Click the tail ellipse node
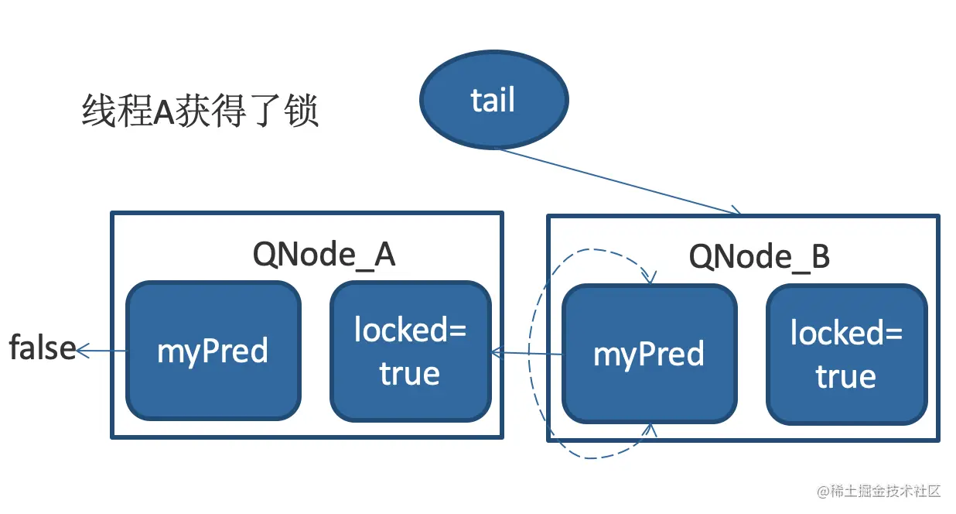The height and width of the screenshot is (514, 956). (x=493, y=101)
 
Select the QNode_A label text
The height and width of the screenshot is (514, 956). (x=324, y=254)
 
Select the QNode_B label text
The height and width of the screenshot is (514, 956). (x=760, y=256)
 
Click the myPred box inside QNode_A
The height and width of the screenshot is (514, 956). (x=213, y=351)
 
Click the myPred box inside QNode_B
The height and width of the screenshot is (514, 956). (x=649, y=354)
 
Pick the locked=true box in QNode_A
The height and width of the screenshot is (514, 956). (x=410, y=351)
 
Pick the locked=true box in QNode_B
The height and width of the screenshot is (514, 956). (x=846, y=354)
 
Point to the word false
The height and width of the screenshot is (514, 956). (x=42, y=348)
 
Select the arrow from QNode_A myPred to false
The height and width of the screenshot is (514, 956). (x=102, y=351)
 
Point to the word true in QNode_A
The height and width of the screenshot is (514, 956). (x=409, y=373)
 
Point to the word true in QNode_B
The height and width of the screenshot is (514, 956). (x=845, y=376)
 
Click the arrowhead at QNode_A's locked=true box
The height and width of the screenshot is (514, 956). (x=497, y=354)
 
